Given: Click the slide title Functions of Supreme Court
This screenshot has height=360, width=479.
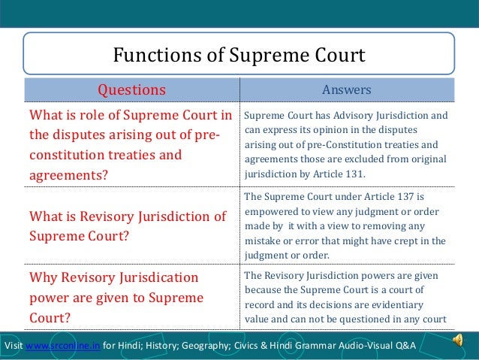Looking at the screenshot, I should tap(239, 55).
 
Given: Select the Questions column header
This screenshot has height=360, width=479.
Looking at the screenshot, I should tap(132, 90).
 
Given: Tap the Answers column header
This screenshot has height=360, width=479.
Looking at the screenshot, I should tap(346, 90).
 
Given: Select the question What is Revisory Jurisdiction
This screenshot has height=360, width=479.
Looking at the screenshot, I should tap(127, 225).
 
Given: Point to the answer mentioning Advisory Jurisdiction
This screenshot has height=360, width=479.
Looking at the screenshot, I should tap(345, 145).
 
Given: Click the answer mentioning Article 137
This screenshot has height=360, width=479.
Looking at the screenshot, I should tap(345, 225).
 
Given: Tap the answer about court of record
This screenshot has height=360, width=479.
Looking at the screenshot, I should tap(345, 298).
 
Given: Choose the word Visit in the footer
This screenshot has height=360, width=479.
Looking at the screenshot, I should tap(14, 345).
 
